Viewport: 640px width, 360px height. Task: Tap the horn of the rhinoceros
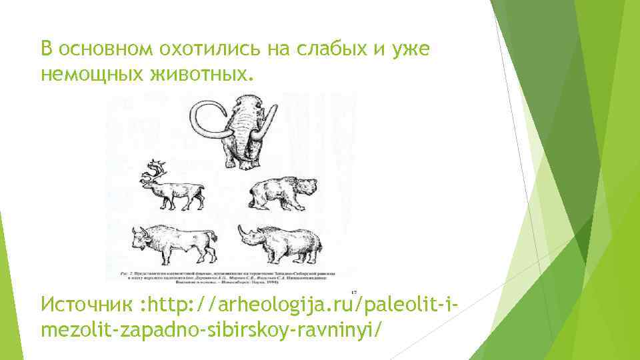point(242,230)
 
